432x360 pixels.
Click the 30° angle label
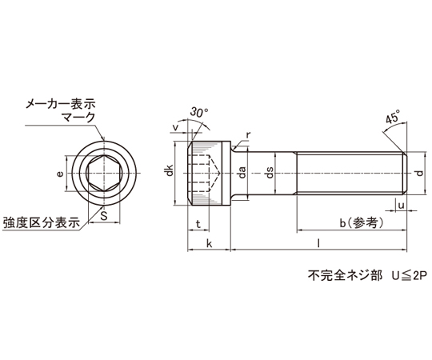pyautogui.click(x=199, y=113)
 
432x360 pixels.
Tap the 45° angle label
pyautogui.click(x=393, y=118)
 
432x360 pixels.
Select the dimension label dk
pyautogui.click(x=169, y=170)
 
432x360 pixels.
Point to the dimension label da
pyautogui.click(x=242, y=173)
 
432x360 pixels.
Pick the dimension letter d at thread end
pyautogui.click(x=419, y=174)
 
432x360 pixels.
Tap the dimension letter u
pyautogui.click(x=401, y=206)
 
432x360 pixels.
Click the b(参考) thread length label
pyautogui.click(x=362, y=223)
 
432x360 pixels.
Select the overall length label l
pyautogui.click(x=318, y=243)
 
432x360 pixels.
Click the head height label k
pyautogui.click(x=210, y=243)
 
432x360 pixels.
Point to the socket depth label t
pyautogui.click(x=198, y=224)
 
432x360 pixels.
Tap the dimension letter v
pyautogui.click(x=175, y=127)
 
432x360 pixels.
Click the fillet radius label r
pyautogui.click(x=248, y=135)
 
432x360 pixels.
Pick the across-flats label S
pyautogui.click(x=103, y=216)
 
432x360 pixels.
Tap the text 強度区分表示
pyautogui.click(x=42, y=223)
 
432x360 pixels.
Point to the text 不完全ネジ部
pyautogui.click(x=345, y=276)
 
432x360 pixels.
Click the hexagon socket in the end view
pyautogui.click(x=104, y=174)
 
